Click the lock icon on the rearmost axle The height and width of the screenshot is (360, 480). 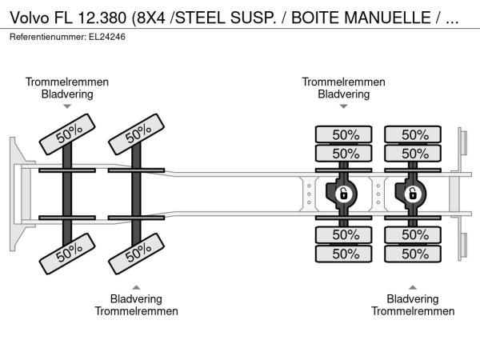coord(413,193)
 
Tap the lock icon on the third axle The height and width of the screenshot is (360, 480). coord(344,193)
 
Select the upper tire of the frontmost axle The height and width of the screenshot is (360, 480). coord(68,134)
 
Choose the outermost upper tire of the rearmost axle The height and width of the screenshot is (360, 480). coord(413,134)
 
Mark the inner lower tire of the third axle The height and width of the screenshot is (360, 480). coord(344,234)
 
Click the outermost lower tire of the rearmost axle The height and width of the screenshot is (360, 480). coord(413,254)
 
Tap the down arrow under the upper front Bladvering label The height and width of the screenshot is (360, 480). coord(67,106)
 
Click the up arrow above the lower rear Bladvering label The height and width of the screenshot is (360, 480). coord(413,286)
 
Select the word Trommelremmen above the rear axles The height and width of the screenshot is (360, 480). coord(344,82)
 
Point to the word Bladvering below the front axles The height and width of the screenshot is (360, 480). coord(137,298)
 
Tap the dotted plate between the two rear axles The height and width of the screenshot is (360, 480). coord(378,193)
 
